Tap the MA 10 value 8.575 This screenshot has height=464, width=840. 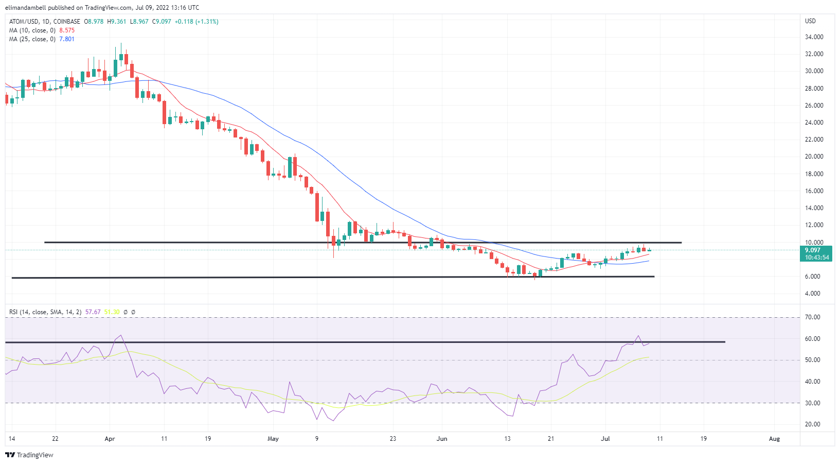point(67,30)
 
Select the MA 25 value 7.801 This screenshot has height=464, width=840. point(67,39)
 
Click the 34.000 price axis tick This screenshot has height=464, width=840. point(814,37)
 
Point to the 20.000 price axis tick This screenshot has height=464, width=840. point(814,157)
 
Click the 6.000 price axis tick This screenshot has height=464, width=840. point(812,277)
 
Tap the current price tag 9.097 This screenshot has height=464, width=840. point(813,250)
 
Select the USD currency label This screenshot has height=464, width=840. point(810,21)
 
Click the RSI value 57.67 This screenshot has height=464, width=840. point(93,312)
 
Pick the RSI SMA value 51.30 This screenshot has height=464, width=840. point(112,312)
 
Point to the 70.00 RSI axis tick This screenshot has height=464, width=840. point(813,317)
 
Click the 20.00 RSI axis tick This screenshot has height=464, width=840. point(813,424)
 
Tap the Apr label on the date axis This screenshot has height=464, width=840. point(110,439)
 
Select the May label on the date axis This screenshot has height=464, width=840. point(273,439)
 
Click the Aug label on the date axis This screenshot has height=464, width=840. point(774,439)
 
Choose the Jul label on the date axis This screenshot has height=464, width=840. point(605,439)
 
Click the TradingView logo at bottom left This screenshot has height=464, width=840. point(29,455)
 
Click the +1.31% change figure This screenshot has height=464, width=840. point(207,22)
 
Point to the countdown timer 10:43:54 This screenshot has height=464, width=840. point(817,257)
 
